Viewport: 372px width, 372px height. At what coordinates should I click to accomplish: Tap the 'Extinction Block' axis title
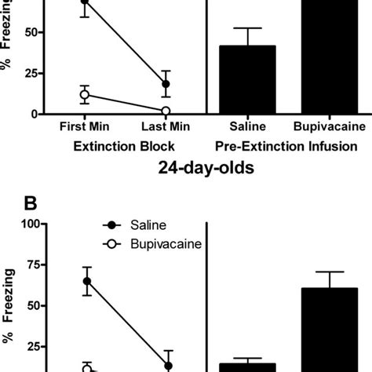click(123, 145)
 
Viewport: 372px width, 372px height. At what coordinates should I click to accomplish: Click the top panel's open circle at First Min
click(85, 95)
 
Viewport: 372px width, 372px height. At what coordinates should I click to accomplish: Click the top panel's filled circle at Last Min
click(166, 84)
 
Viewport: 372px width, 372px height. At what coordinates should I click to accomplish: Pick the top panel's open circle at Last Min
click(166, 111)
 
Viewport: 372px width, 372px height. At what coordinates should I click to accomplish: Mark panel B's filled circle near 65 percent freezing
click(86, 281)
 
